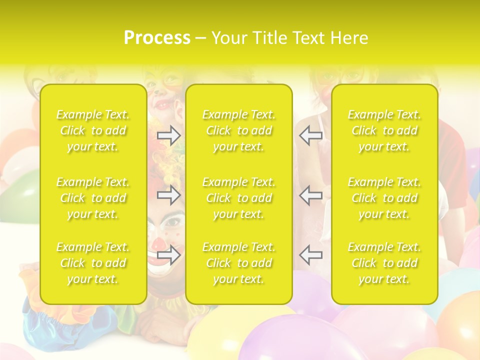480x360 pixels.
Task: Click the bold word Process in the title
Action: (x=157, y=38)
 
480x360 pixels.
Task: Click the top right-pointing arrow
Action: (x=169, y=135)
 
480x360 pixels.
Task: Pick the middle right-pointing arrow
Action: (x=169, y=195)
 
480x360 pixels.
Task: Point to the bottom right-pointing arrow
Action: (x=169, y=255)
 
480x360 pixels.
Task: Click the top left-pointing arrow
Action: (x=310, y=135)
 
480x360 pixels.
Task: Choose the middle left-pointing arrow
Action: (x=310, y=195)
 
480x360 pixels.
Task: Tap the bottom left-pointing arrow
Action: (x=310, y=255)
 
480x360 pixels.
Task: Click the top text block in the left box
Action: (x=93, y=130)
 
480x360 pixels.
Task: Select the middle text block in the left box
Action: (x=93, y=198)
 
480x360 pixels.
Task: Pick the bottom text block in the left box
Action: (x=93, y=263)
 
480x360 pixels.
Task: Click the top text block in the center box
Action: (x=239, y=130)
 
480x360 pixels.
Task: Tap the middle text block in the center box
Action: (x=239, y=198)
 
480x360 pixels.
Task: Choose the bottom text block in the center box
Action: (x=239, y=263)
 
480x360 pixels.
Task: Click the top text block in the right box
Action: (x=384, y=130)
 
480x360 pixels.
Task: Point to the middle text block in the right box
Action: (x=384, y=198)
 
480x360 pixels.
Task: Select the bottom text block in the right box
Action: (x=384, y=263)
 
